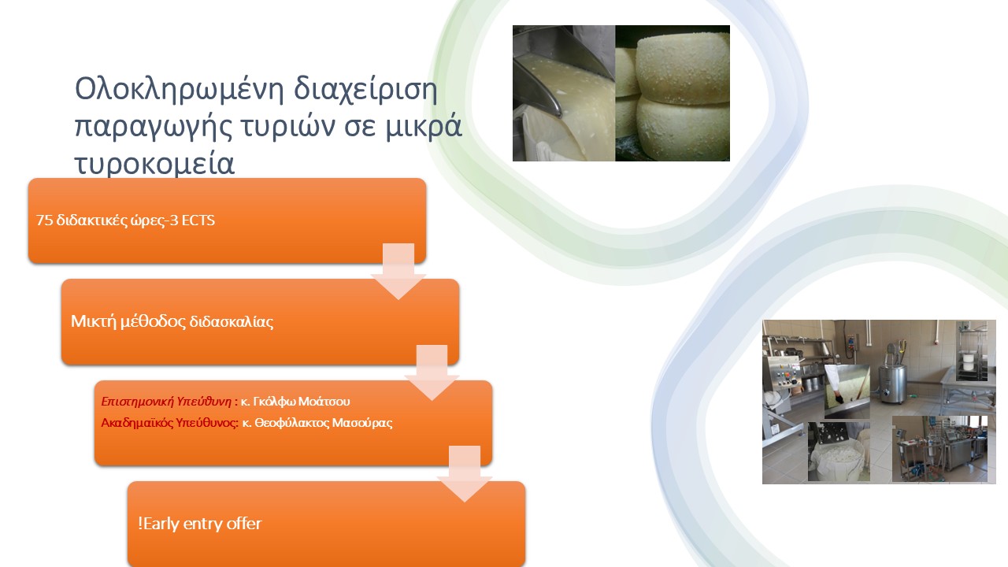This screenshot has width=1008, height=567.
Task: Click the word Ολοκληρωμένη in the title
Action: point(179,89)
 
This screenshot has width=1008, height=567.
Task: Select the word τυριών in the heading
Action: point(287,128)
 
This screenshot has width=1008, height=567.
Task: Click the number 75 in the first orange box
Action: point(44,220)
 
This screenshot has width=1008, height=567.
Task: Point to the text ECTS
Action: point(198,220)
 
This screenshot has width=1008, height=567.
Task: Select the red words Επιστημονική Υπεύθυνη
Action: point(166,402)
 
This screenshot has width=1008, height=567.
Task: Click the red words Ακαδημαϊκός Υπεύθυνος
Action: point(169,423)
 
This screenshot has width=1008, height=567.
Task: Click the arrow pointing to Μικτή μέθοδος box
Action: point(398,272)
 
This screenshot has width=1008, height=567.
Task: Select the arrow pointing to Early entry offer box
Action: point(465,474)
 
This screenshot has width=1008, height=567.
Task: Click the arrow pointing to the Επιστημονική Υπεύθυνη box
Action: point(432,372)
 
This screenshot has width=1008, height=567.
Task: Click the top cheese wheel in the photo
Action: point(684,69)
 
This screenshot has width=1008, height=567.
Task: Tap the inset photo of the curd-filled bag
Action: point(839,451)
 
